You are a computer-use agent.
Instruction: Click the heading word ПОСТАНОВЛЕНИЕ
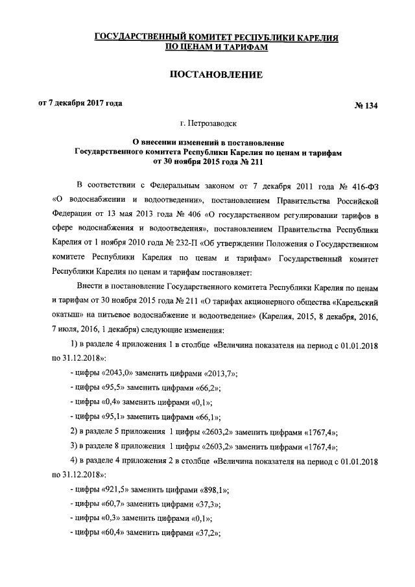[216, 75]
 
